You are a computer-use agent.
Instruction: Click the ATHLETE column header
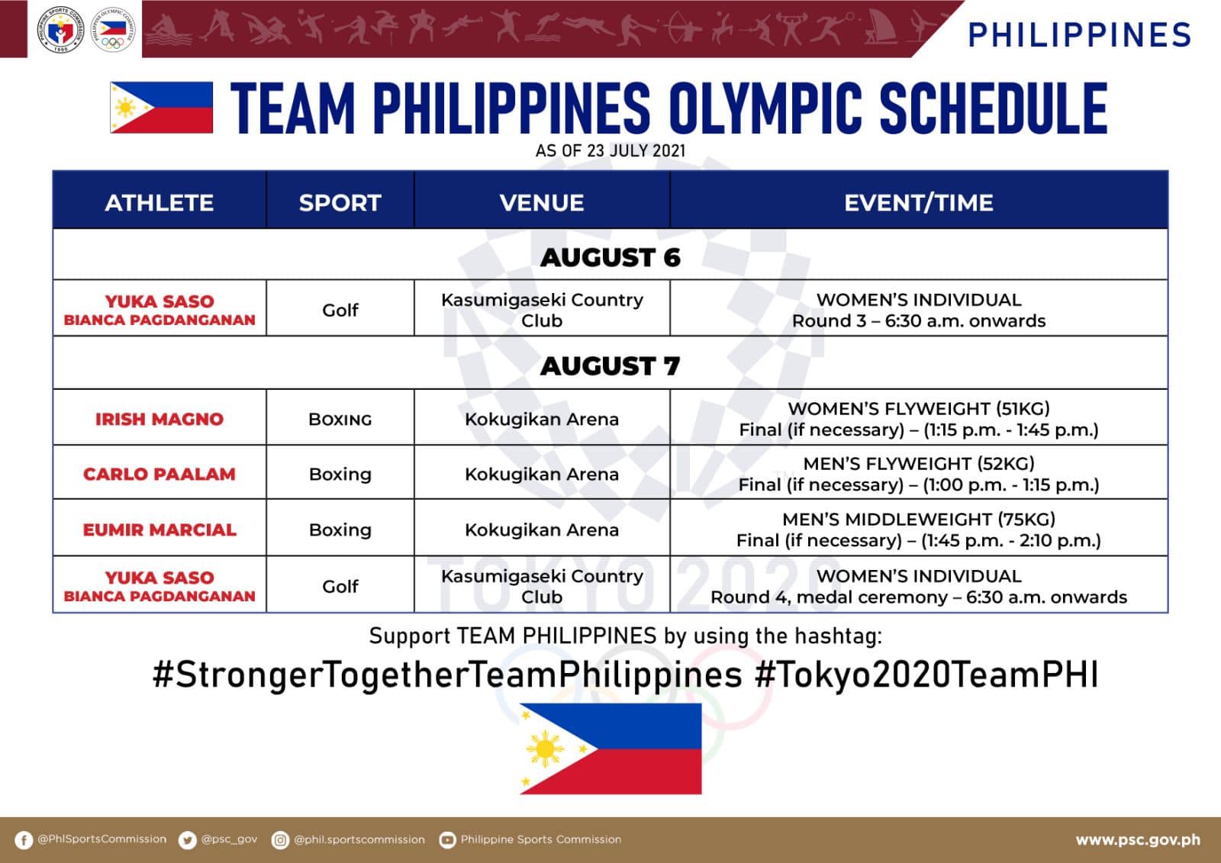point(159,203)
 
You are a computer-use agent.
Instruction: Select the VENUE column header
point(542,203)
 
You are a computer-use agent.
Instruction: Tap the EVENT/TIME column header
point(919,203)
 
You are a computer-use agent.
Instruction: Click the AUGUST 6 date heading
point(610,257)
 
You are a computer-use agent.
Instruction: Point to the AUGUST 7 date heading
point(610,365)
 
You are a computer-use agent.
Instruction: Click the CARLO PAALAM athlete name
point(159,474)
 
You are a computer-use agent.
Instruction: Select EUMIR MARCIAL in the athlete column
point(159,530)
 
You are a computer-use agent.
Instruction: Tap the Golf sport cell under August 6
point(340,311)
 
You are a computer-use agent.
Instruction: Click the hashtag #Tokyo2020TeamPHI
point(926,675)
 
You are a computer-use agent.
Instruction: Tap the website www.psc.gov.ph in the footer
point(1138,839)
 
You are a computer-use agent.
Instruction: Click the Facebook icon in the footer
point(24,840)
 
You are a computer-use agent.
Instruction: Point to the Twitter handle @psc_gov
point(229,839)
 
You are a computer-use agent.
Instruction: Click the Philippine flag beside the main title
point(161,108)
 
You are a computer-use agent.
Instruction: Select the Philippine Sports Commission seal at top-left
point(60,30)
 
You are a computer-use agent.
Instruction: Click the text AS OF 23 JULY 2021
point(610,150)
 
